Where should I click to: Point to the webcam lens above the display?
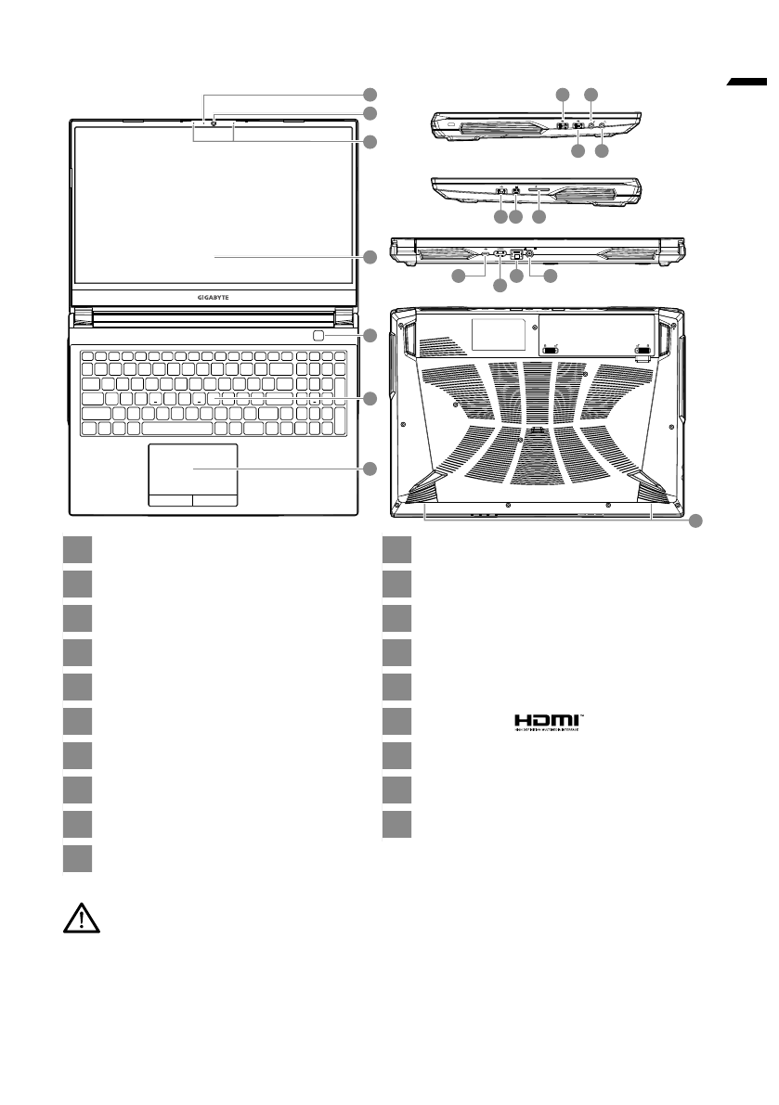click(214, 122)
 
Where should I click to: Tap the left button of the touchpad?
click(171, 500)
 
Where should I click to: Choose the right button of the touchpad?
click(215, 500)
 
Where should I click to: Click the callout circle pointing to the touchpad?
click(370, 469)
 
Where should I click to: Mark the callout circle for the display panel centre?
click(370, 257)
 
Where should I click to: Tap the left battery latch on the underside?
click(550, 350)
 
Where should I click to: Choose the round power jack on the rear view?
click(530, 253)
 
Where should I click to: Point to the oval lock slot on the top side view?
click(450, 123)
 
